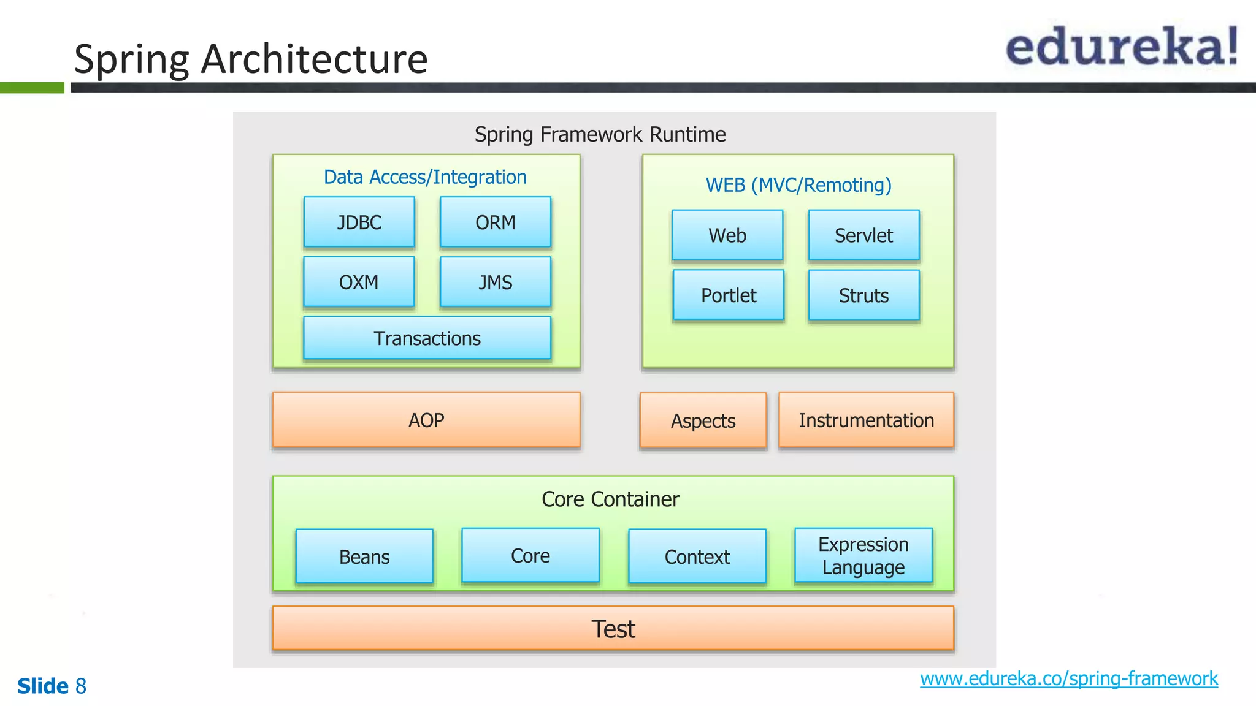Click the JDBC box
point(359,222)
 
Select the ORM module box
point(496,222)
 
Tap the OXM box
point(359,282)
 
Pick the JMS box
point(496,282)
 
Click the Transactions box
point(427,338)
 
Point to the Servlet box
point(863,235)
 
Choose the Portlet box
point(729,295)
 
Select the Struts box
point(863,295)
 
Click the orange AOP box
point(426,420)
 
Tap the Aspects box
point(703,421)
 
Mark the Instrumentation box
point(866,420)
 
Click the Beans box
point(364,556)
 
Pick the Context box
point(697,556)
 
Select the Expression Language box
point(863,555)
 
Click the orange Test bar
point(613,629)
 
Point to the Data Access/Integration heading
point(425,177)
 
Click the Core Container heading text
point(610,499)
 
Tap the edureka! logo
point(1121,47)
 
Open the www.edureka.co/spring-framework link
point(1069,678)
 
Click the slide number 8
point(81,686)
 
